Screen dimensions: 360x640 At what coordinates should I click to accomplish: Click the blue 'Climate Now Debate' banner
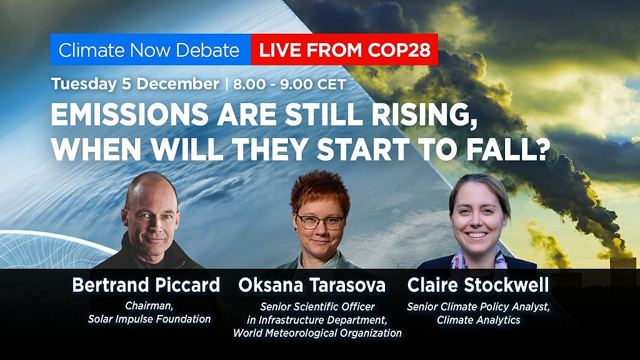tap(149, 51)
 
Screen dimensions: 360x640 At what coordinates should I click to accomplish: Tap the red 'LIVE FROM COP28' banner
tap(344, 51)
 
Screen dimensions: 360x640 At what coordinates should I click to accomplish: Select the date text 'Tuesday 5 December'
tap(135, 84)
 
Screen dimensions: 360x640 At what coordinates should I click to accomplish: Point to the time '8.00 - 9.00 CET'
tap(289, 84)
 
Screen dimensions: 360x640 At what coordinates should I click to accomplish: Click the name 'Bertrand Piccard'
tap(146, 286)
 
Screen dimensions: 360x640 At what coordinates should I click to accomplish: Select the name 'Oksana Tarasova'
tap(312, 286)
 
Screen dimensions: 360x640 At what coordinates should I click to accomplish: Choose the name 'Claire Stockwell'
tap(478, 286)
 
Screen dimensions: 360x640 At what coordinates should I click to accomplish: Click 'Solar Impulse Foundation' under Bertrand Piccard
tap(149, 319)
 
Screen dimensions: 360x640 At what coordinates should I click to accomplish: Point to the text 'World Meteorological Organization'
tap(317, 333)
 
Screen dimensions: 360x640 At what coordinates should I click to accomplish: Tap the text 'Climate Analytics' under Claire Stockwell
tap(479, 320)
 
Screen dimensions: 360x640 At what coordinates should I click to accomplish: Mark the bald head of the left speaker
tap(147, 188)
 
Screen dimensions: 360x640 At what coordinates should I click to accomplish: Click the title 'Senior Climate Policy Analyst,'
tap(479, 306)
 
